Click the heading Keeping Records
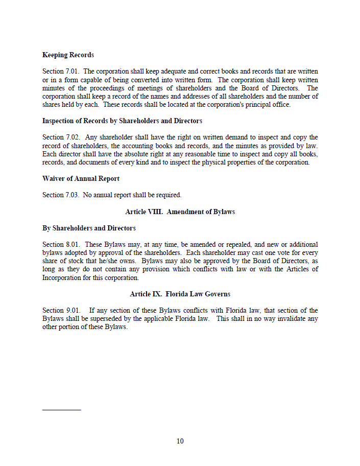68,55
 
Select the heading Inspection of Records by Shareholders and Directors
122,121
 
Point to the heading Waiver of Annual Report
81,179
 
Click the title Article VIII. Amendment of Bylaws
180,212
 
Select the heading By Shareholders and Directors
89,228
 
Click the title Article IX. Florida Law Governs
180,294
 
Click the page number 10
180,441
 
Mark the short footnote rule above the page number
61,409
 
